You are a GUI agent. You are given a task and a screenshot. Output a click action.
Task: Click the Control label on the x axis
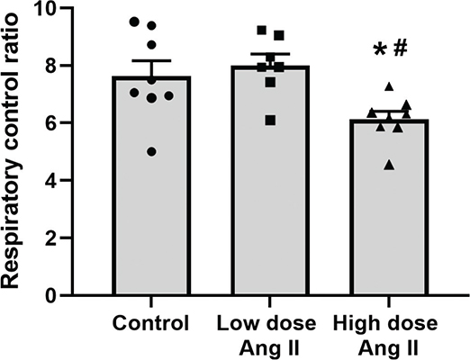click(x=150, y=324)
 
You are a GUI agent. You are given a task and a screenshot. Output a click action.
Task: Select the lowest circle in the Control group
click(x=150, y=152)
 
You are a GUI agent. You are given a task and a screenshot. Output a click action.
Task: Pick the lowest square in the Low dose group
click(x=270, y=120)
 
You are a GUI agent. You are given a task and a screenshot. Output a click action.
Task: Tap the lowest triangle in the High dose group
click(x=388, y=165)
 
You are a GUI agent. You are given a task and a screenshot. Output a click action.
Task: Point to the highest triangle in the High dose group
click(x=388, y=86)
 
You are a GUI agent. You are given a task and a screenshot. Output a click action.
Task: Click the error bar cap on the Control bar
click(x=150, y=61)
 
